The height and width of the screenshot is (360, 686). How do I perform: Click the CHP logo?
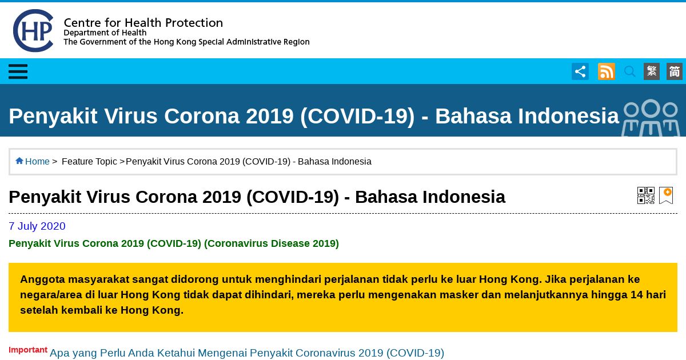(x=33, y=31)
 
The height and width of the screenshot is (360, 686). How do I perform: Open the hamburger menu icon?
(x=18, y=71)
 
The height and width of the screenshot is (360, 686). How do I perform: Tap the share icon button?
(x=580, y=71)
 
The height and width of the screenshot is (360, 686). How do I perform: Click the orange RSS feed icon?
(x=607, y=71)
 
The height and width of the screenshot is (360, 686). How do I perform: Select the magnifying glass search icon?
(x=629, y=71)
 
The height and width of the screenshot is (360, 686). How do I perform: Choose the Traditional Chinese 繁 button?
(x=651, y=71)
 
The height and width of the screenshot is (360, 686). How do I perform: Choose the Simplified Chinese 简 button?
(x=675, y=71)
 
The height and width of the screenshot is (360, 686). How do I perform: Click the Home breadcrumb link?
(x=37, y=161)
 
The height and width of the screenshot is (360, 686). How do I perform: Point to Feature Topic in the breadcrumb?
(x=89, y=161)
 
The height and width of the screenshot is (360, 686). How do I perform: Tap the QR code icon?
(x=646, y=195)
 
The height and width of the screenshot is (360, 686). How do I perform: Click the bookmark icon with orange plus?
(x=666, y=195)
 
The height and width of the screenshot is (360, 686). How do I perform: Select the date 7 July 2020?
(x=37, y=226)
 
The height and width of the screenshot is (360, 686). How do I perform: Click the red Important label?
(x=28, y=350)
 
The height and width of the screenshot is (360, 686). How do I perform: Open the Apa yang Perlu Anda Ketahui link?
(x=247, y=353)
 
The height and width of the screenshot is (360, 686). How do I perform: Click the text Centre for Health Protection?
(x=143, y=23)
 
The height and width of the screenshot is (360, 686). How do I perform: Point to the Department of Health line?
(x=105, y=33)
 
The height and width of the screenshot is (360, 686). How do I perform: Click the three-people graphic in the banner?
(x=651, y=118)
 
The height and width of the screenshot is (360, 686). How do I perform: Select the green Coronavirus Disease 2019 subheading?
(x=174, y=243)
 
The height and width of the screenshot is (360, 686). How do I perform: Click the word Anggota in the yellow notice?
(x=42, y=279)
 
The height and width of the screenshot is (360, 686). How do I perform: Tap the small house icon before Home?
(x=19, y=161)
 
